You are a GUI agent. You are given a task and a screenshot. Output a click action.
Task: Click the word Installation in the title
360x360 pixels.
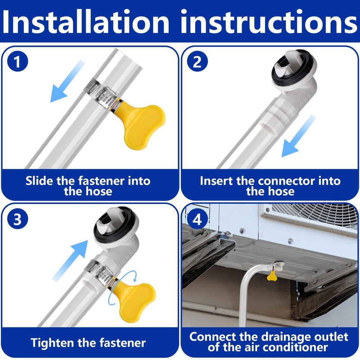(85, 22)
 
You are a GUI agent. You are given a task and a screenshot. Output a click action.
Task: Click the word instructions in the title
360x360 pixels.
(269, 22)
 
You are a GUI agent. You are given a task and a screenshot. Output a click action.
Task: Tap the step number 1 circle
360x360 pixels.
(18, 61)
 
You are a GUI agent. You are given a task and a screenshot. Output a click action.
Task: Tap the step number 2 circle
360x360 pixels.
(197, 61)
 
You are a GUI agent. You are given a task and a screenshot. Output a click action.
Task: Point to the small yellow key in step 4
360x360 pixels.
(272, 276)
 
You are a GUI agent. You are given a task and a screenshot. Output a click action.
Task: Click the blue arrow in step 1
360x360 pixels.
(67, 81)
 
